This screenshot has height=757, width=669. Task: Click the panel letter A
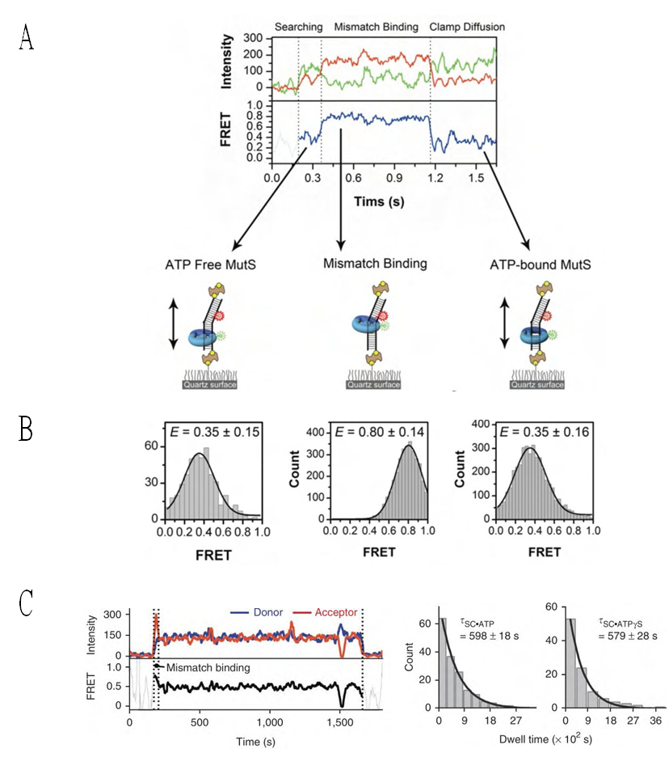[x=26, y=37]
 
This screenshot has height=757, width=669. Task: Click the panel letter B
[x=26, y=428]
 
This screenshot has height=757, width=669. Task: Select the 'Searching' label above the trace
[x=298, y=27]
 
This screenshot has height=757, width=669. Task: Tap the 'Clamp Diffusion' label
[x=467, y=27]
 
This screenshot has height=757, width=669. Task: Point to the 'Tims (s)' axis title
[x=377, y=197]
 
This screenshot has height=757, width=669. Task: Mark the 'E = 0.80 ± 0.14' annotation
[x=377, y=432]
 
